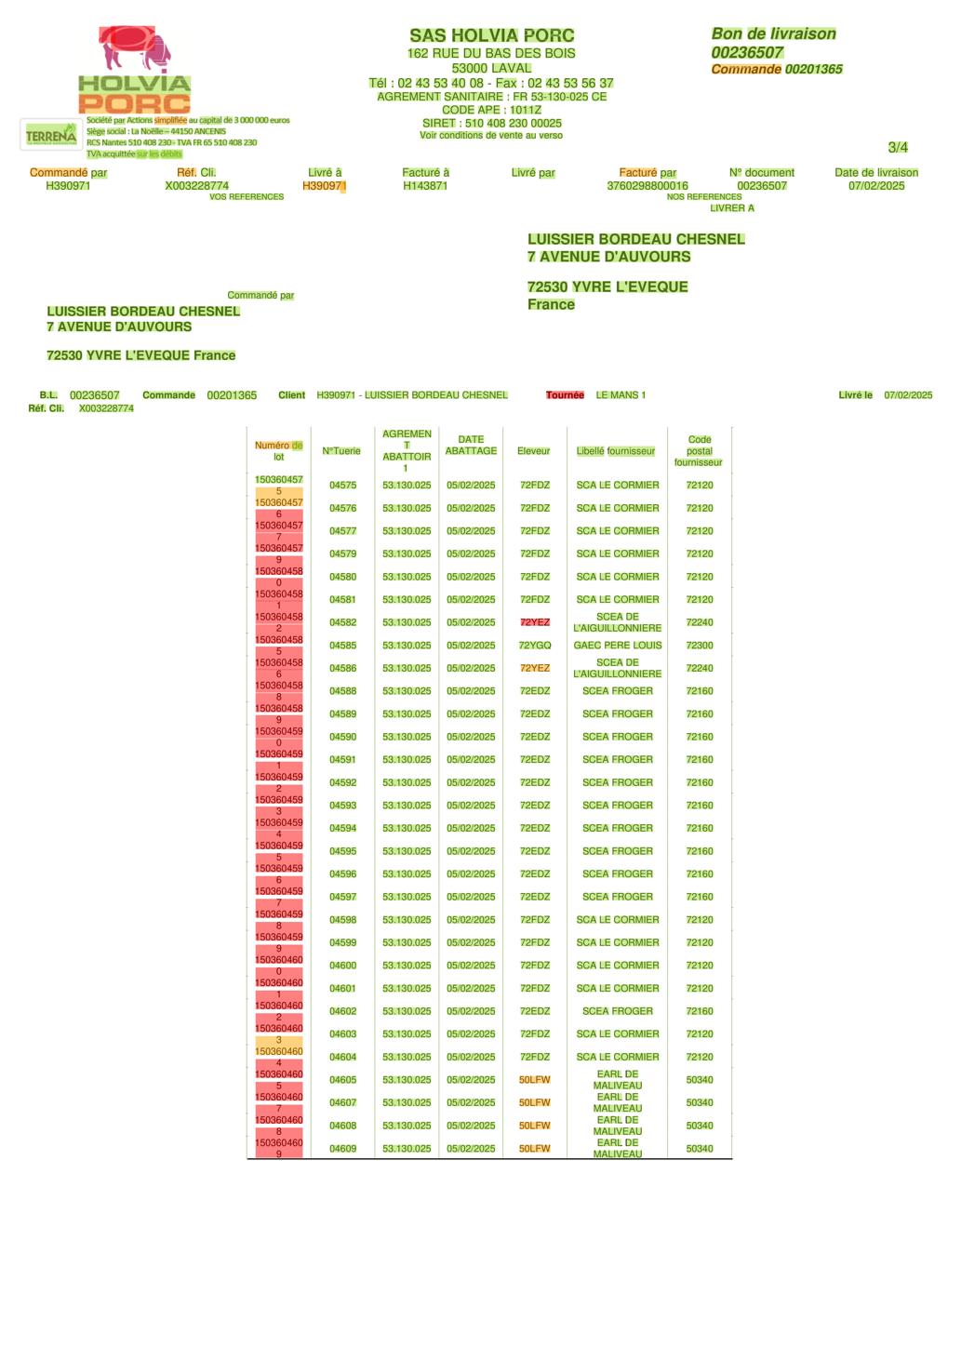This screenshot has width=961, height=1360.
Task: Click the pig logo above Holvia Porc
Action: [x=135, y=48]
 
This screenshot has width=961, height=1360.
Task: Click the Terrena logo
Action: [x=51, y=136]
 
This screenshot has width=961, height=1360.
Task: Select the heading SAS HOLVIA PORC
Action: [x=491, y=35]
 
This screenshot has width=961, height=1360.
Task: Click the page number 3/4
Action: [x=898, y=147]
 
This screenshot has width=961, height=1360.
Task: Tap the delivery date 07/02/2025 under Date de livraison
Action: [x=876, y=186]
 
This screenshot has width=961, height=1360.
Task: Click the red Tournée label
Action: [x=565, y=395]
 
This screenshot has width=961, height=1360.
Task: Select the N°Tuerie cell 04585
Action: [x=342, y=646]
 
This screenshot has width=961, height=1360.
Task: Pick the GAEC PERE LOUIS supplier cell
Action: [x=618, y=646]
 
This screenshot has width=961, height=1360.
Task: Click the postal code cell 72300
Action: [x=700, y=646]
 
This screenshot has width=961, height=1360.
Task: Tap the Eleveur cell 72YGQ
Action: [x=535, y=646]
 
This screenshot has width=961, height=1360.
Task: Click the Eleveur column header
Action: [x=534, y=451]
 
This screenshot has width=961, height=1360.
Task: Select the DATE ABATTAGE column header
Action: [x=471, y=445]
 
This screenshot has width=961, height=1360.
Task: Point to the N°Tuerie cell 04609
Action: [x=342, y=1149]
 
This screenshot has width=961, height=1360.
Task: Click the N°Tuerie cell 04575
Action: [x=342, y=486]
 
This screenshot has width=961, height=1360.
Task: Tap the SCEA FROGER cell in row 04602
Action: [x=618, y=1011]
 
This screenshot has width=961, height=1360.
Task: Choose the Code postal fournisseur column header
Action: [x=699, y=451]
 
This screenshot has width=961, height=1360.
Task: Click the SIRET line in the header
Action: [x=491, y=123]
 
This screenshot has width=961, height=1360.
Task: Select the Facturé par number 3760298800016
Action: [x=647, y=186]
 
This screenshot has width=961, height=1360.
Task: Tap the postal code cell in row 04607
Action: [x=700, y=1103]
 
